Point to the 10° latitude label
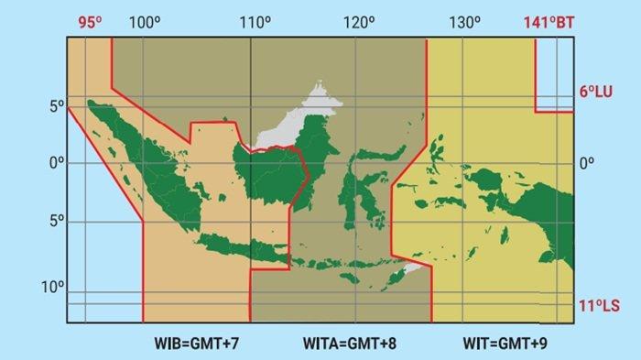click(x=52, y=288)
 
